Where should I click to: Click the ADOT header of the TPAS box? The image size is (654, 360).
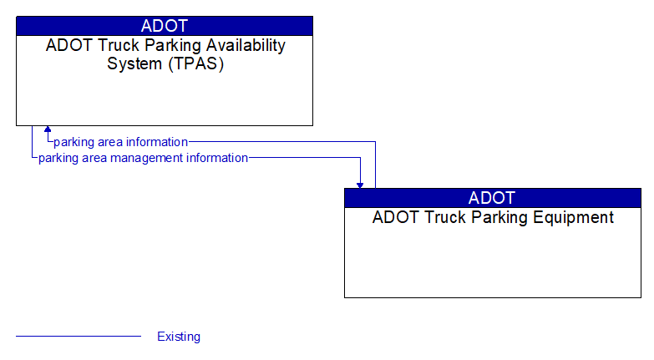[165, 26]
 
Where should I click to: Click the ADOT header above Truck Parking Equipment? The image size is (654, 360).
[492, 198]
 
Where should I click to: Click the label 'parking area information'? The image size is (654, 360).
[121, 142]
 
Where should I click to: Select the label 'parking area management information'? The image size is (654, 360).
[143, 158]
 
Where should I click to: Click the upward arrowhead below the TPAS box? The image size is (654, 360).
[48, 130]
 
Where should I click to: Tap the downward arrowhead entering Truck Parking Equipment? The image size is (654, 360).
[360, 184]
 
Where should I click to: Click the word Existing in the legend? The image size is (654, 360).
[179, 337]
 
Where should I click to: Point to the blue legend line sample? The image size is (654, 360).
[79, 337]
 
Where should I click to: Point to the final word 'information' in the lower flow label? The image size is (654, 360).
[217, 158]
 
